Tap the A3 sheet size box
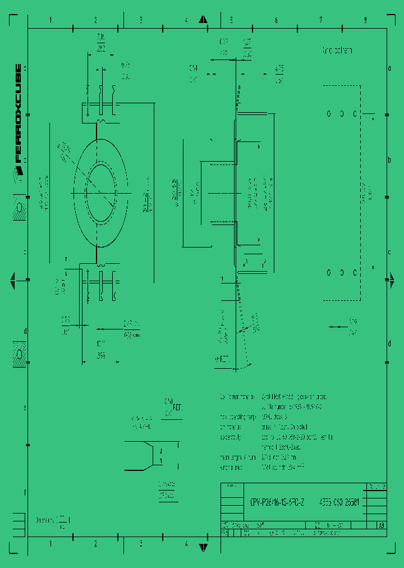[x=382, y=526]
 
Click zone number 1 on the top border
[x=50, y=20]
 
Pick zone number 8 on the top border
[x=365, y=20]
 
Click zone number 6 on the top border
[x=276, y=20]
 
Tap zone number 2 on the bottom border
[x=95, y=544]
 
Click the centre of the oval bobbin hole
[x=100, y=193]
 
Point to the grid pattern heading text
[x=337, y=51]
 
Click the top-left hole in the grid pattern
[x=329, y=113]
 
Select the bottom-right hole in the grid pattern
[x=355, y=273]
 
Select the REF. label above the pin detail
[x=178, y=407]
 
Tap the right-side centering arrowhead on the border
[x=388, y=281]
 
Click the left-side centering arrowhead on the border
[x=12, y=281]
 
